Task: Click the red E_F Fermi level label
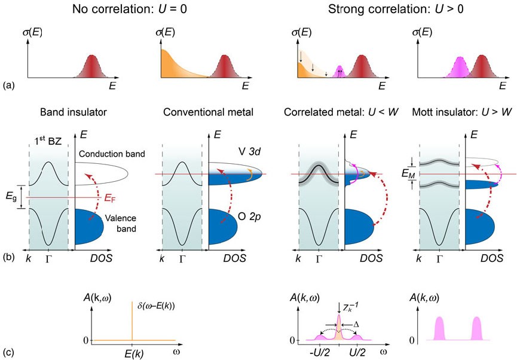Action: coord(106,196)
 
